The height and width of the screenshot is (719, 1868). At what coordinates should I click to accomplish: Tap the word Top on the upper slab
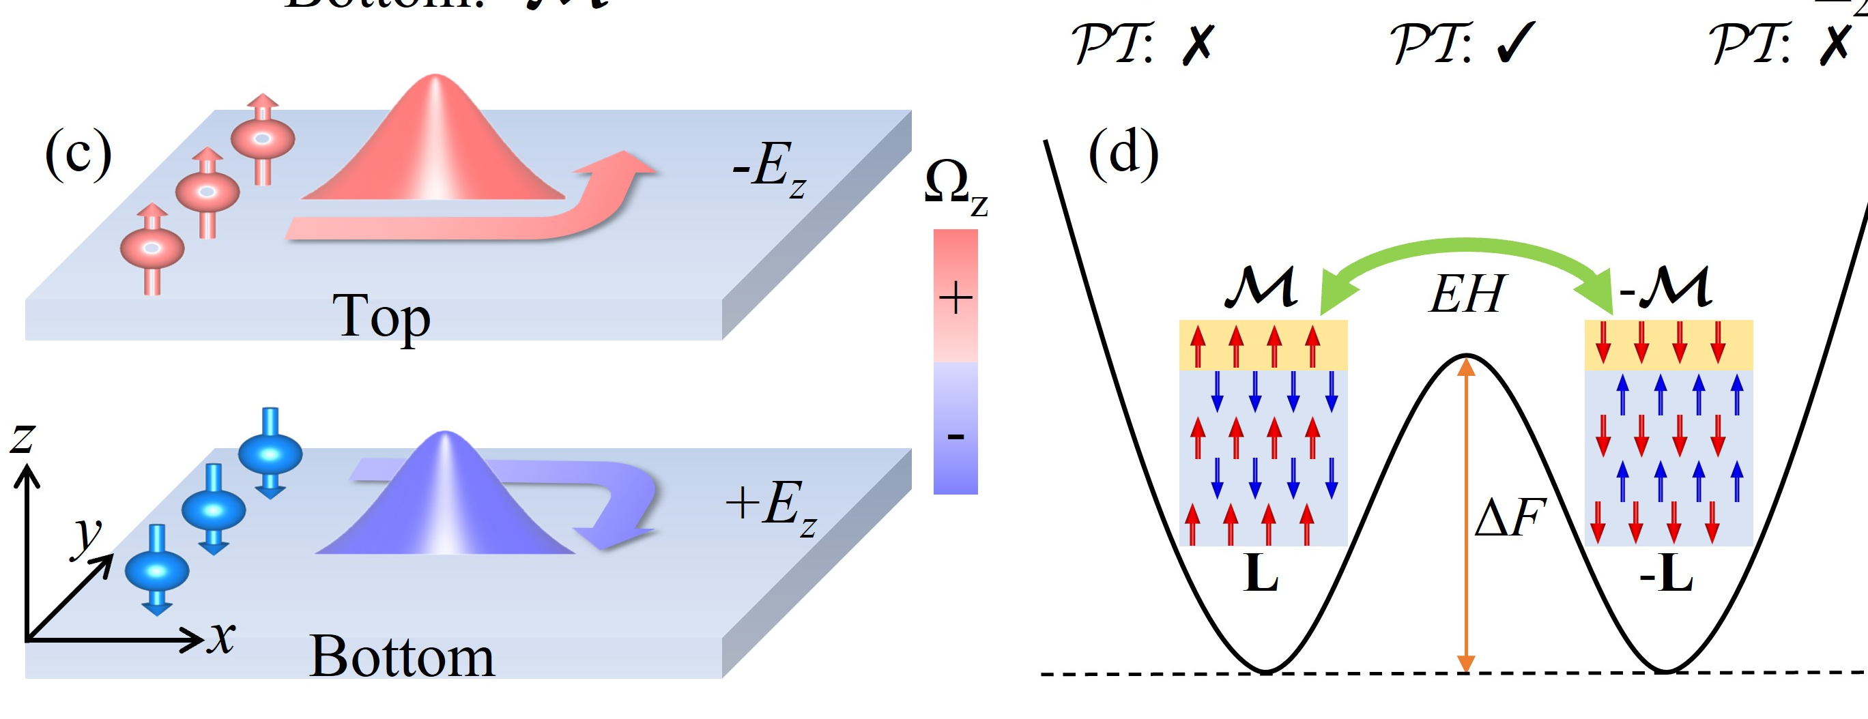point(382,317)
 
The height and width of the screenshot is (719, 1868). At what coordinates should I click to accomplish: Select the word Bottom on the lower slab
point(402,657)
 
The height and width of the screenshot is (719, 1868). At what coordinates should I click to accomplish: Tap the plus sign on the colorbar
point(955,297)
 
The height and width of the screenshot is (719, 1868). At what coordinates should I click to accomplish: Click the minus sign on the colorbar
point(955,437)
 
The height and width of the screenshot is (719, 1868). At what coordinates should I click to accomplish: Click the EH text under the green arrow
point(1465,294)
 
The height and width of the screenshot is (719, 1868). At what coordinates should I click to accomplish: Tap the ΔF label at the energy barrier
point(1510,518)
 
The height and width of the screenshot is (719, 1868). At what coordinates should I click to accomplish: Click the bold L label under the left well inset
point(1261,576)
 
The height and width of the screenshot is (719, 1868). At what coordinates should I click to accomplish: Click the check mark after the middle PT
point(1516,44)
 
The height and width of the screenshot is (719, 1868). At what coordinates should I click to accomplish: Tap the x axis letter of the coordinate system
point(222,638)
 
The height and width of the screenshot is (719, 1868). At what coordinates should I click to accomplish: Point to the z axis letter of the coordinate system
point(23,438)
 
